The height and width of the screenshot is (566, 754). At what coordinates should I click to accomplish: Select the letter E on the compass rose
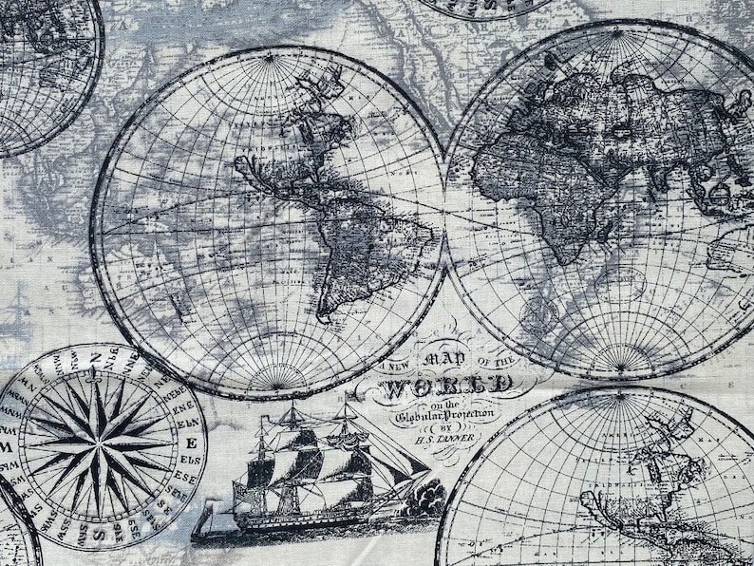tap(191, 443)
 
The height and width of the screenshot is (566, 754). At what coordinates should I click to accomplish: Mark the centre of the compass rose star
tap(98, 442)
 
